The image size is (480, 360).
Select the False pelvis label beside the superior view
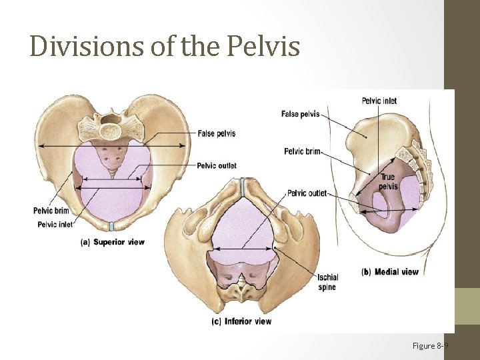(x=216, y=133)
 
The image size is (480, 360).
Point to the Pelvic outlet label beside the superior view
(x=217, y=165)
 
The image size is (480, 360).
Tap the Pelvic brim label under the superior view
(x=51, y=211)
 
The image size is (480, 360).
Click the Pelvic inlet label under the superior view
(x=55, y=225)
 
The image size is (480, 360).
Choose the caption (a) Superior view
(x=113, y=242)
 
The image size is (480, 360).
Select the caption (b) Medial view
(x=390, y=272)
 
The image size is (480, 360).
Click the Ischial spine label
(x=328, y=282)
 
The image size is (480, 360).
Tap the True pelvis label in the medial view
(x=387, y=181)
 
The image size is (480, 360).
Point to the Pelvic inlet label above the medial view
(x=379, y=101)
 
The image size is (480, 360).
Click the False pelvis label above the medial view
(x=300, y=114)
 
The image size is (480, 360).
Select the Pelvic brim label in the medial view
(x=302, y=151)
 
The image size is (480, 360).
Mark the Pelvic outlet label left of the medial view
(x=307, y=193)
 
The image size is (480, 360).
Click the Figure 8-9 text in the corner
(x=430, y=345)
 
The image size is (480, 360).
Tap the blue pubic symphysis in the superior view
(x=113, y=225)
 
